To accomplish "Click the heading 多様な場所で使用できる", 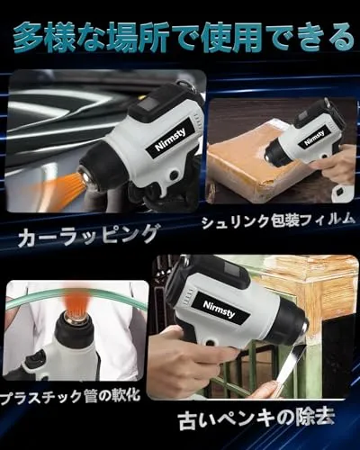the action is coord(184,39).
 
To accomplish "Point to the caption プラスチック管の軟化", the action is coord(71,396).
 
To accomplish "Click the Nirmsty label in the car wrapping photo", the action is coord(170,139).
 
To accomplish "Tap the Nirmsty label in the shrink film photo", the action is coord(314,139).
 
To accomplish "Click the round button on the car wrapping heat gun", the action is coord(174,175).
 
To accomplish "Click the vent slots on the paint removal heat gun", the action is coord(187,295).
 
